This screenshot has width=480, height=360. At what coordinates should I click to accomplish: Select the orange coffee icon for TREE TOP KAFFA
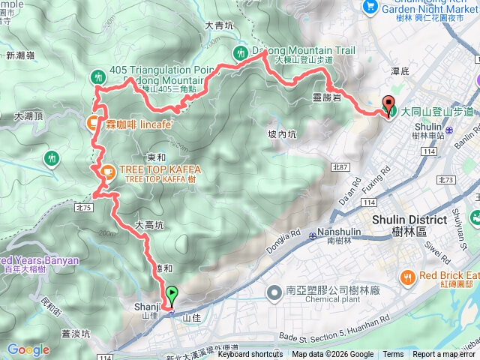click(x=106, y=172)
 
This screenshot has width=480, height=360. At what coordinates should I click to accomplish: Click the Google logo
click(x=28, y=349)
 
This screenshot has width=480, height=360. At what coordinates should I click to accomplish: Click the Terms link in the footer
click(x=393, y=355)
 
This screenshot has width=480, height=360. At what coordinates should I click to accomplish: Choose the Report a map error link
click(x=444, y=355)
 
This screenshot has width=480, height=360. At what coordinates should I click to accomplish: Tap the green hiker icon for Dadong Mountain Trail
click(x=240, y=52)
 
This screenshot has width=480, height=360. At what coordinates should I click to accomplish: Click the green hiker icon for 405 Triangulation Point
click(x=97, y=76)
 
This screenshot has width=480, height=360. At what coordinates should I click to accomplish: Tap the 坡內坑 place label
click(x=282, y=134)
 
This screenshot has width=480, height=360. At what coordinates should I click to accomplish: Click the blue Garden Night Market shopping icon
click(x=369, y=6)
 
